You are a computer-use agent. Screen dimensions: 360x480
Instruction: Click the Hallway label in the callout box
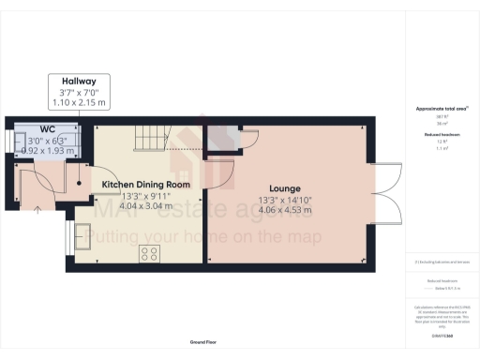coord(79,82)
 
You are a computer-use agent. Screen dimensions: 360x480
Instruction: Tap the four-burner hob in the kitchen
coord(149,252)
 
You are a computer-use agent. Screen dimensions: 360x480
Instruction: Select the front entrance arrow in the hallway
coord(37,208)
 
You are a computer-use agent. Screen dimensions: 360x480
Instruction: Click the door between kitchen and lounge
coord(217,170)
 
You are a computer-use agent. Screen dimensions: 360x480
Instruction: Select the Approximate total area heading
coord(441,110)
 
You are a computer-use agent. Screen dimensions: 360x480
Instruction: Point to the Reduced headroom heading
coord(441,134)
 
